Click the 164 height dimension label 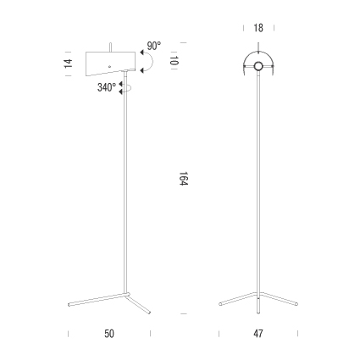(184, 179)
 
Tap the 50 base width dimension (109, 334)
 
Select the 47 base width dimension (258, 334)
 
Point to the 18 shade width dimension (258, 28)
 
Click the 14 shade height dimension (69, 64)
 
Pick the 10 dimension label (174, 61)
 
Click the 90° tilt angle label (154, 46)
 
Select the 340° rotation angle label (107, 87)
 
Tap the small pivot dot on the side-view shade (109, 67)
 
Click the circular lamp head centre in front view (258, 66)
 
